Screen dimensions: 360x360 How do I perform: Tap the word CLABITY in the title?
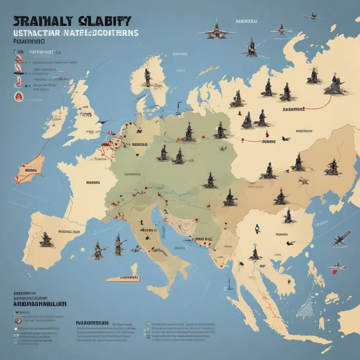pos(104,21)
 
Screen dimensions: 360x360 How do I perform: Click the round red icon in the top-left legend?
pos(17,96)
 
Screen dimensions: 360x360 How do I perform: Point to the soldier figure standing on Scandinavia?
pos(147,78)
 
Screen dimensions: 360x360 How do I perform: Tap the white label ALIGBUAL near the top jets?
pos(246,21)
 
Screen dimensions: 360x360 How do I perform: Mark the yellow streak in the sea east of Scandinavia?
pos(204,71)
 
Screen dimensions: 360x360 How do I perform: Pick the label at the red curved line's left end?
pos(293,109)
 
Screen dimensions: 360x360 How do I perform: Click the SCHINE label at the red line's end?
pos(269,141)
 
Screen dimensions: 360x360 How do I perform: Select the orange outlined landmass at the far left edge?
pos(30,169)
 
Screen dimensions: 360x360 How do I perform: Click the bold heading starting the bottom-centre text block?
pos(92,322)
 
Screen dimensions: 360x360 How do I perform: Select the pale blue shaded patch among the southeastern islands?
pos(305,309)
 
